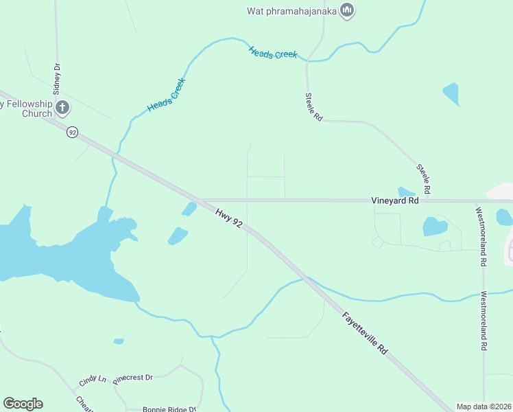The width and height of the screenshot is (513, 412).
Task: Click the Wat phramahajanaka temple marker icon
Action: click(x=347, y=11)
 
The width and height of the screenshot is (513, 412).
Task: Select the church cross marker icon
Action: click(x=62, y=106)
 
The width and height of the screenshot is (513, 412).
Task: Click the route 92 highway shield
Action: click(x=72, y=131)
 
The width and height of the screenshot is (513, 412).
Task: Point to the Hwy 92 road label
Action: click(x=228, y=219)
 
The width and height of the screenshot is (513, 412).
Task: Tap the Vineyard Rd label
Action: click(x=394, y=201)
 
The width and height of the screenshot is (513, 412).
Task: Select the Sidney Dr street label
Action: click(x=57, y=78)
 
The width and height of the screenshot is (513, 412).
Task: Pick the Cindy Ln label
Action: click(x=93, y=379)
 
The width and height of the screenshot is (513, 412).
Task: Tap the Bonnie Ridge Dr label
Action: click(x=167, y=409)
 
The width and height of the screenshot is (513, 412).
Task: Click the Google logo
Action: click(x=23, y=404)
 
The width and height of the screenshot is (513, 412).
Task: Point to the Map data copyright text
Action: click(x=484, y=407)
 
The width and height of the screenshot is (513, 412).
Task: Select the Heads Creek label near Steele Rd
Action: click(x=273, y=52)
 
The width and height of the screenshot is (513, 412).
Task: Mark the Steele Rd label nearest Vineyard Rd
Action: click(x=422, y=178)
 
